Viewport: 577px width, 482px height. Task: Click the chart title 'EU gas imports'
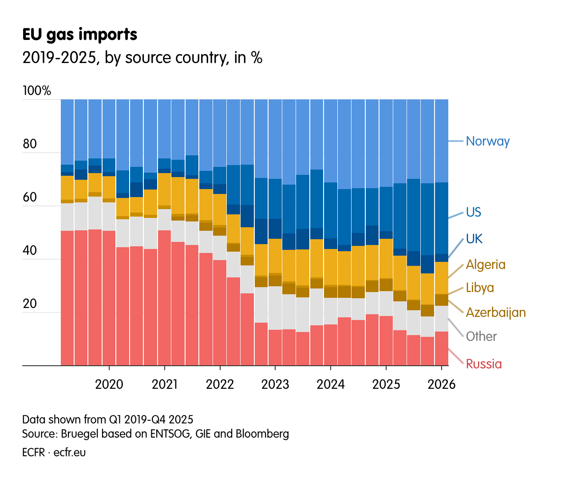pos(80,35)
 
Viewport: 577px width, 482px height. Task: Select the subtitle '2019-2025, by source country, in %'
pos(142,58)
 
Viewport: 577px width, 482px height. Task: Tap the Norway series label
pos(487,141)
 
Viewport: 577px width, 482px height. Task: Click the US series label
pos(473,212)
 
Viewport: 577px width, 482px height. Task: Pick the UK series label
pos(474,239)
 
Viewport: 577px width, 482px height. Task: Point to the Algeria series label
pos(486,265)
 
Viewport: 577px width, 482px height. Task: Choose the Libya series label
pos(480,288)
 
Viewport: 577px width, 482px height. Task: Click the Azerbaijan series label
pos(495,312)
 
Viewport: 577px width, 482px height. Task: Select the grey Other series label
pos(481,336)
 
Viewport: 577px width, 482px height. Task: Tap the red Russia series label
pos(483,364)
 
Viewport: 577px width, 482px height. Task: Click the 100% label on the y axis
pos(37,91)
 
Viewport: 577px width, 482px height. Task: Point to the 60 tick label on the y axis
pos(29,197)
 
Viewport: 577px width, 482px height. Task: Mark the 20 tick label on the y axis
pos(29,304)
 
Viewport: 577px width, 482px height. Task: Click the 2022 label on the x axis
pos(220,384)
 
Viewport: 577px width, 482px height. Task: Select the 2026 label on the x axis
pos(441,384)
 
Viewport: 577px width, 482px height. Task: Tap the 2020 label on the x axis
pos(109,384)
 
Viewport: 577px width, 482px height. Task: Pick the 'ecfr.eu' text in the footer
pos(70,452)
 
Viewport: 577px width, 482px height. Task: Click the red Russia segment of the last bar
pos(441,348)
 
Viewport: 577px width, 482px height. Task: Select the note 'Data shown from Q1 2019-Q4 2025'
pos(107,419)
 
